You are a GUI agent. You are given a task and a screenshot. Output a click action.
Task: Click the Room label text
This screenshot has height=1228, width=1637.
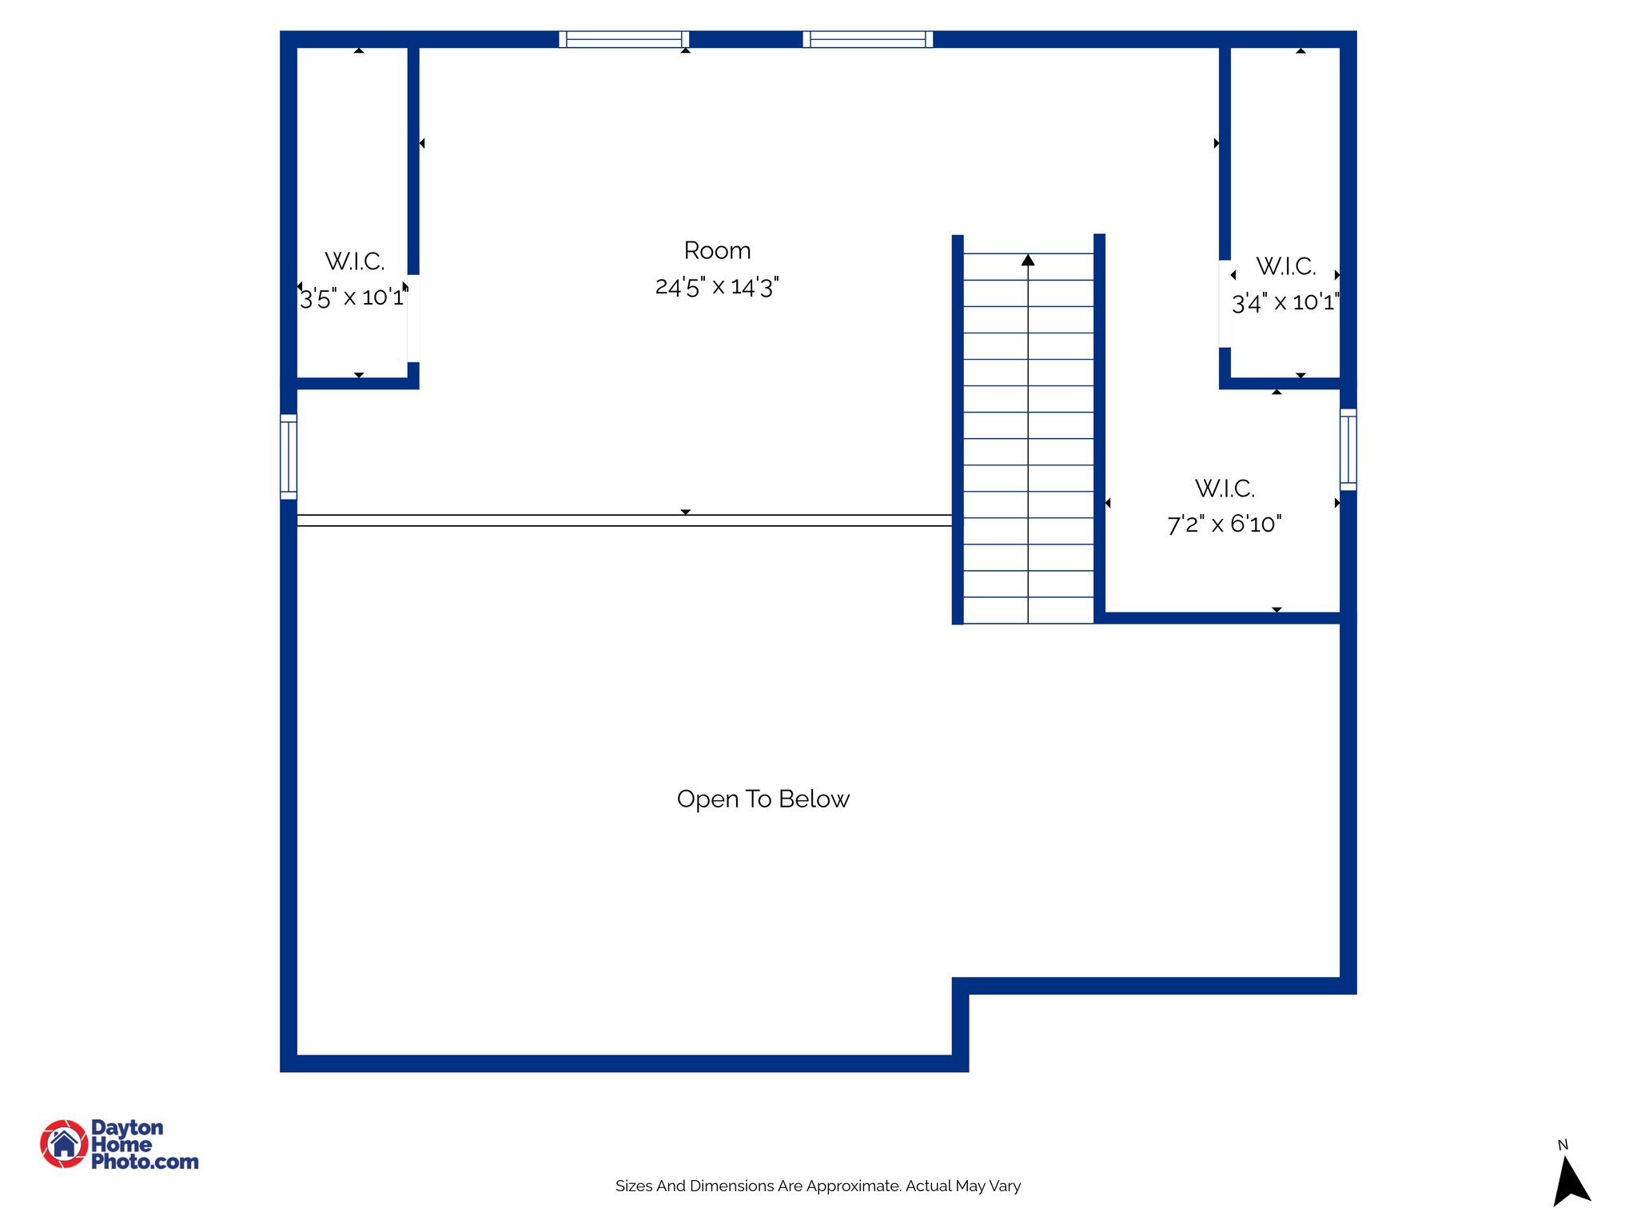click(717, 251)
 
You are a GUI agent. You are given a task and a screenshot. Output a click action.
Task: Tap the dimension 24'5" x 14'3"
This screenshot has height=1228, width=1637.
click(717, 286)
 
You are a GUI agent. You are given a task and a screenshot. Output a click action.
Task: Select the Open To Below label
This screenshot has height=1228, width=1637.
click(763, 799)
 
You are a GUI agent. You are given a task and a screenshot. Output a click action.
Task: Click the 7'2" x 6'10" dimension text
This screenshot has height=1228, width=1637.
click(1224, 524)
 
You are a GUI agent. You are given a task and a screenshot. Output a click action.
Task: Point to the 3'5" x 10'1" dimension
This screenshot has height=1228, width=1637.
click(352, 298)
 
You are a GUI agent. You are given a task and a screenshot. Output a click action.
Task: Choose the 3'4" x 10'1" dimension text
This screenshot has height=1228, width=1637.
click(1284, 303)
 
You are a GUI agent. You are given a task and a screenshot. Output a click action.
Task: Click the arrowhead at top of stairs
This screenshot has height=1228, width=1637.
click(1028, 260)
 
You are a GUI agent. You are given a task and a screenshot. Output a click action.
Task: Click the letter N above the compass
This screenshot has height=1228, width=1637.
click(1563, 1145)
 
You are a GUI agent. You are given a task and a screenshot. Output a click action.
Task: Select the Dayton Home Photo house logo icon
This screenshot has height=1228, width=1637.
click(64, 1144)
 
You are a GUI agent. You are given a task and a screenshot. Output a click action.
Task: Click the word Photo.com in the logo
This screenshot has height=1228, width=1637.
click(145, 1162)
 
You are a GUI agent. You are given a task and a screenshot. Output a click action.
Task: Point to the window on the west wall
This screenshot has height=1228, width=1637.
click(289, 457)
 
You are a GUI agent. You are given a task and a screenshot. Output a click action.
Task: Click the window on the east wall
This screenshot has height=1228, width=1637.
click(1348, 449)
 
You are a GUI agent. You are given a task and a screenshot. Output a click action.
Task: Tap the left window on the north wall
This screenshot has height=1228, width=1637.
click(623, 39)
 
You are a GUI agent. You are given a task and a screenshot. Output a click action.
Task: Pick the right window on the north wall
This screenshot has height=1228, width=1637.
click(868, 39)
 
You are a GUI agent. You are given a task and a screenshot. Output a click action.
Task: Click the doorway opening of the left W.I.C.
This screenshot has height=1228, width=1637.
click(413, 318)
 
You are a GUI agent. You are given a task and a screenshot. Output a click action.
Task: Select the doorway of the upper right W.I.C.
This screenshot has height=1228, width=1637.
click(1224, 304)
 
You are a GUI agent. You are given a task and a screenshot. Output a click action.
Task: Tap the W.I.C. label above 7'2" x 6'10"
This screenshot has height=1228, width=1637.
click(1224, 488)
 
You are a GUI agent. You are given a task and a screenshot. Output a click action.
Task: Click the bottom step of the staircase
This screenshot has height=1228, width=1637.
click(1028, 611)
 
